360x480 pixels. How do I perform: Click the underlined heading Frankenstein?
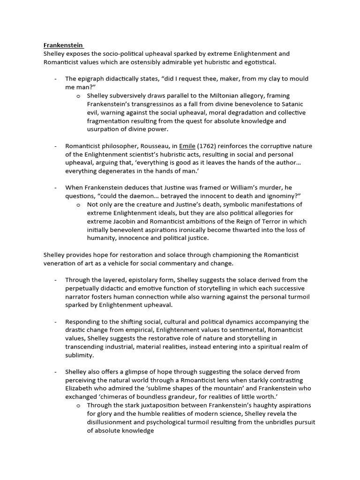pos(63,45)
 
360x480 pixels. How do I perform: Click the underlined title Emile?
pos(187,146)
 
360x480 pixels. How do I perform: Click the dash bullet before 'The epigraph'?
pos(56,79)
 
